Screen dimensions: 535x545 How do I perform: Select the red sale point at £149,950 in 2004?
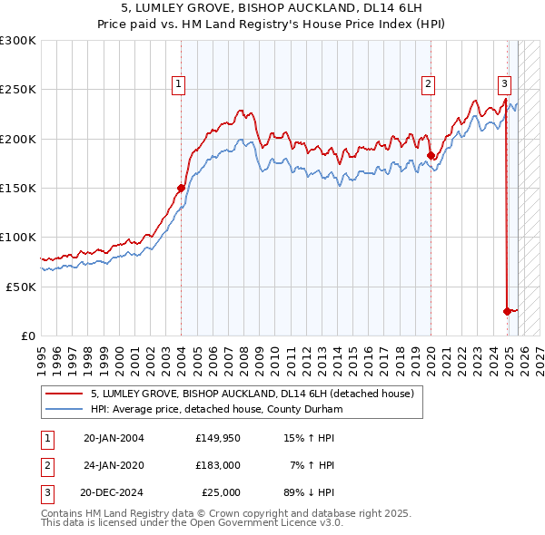pos(181,188)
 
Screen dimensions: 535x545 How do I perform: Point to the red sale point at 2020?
pos(431,155)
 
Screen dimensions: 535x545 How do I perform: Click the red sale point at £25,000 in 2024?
pos(507,310)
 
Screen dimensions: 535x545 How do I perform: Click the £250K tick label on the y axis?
pos(18,90)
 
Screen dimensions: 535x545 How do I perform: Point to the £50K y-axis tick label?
pos(21,287)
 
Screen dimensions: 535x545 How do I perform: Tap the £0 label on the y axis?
pos(28,336)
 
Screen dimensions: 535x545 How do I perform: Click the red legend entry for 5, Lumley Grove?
pos(253,394)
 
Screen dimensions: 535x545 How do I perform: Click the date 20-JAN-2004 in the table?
pos(114,438)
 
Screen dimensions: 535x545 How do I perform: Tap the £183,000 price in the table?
pos(218,465)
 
